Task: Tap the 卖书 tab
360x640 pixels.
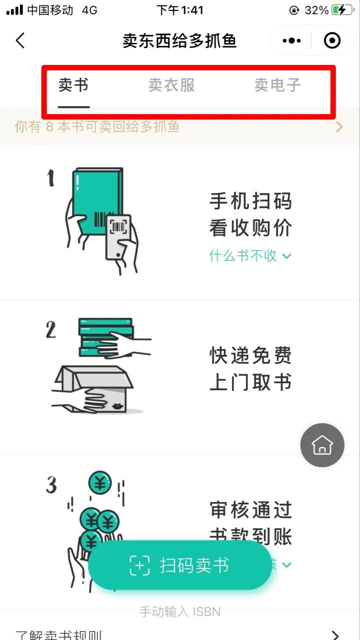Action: pyautogui.click(x=73, y=85)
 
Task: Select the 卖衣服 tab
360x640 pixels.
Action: pyautogui.click(x=171, y=85)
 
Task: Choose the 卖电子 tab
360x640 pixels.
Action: pyautogui.click(x=277, y=85)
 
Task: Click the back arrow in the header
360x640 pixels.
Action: pyautogui.click(x=20, y=40)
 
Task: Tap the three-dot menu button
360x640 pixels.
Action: pyautogui.click(x=291, y=40)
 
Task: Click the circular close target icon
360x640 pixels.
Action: pyautogui.click(x=332, y=40)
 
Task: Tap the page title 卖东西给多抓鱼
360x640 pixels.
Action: pyautogui.click(x=179, y=40)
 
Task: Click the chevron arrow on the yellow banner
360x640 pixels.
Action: pyautogui.click(x=339, y=127)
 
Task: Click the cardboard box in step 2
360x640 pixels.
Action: pyautogui.click(x=95, y=390)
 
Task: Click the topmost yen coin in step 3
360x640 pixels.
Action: pyautogui.click(x=99, y=483)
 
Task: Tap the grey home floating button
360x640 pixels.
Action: pyautogui.click(x=322, y=444)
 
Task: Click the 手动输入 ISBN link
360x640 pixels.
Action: pyautogui.click(x=179, y=611)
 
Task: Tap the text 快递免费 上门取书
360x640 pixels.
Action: pyautogui.click(x=250, y=369)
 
